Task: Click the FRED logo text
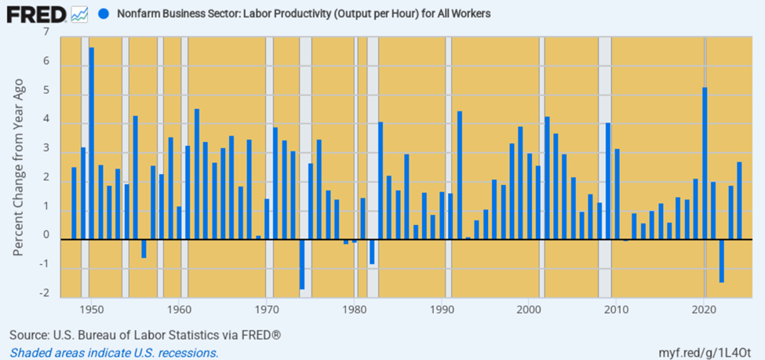36,14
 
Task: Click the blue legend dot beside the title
104,14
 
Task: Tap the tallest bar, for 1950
91,141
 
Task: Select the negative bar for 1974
302,264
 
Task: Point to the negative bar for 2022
722,260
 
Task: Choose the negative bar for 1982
372,252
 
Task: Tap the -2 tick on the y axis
46,294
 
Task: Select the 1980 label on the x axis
355,309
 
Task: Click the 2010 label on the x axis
617,309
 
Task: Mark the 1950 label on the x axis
92,309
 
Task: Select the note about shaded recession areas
114,353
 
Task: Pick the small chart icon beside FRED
79,14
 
